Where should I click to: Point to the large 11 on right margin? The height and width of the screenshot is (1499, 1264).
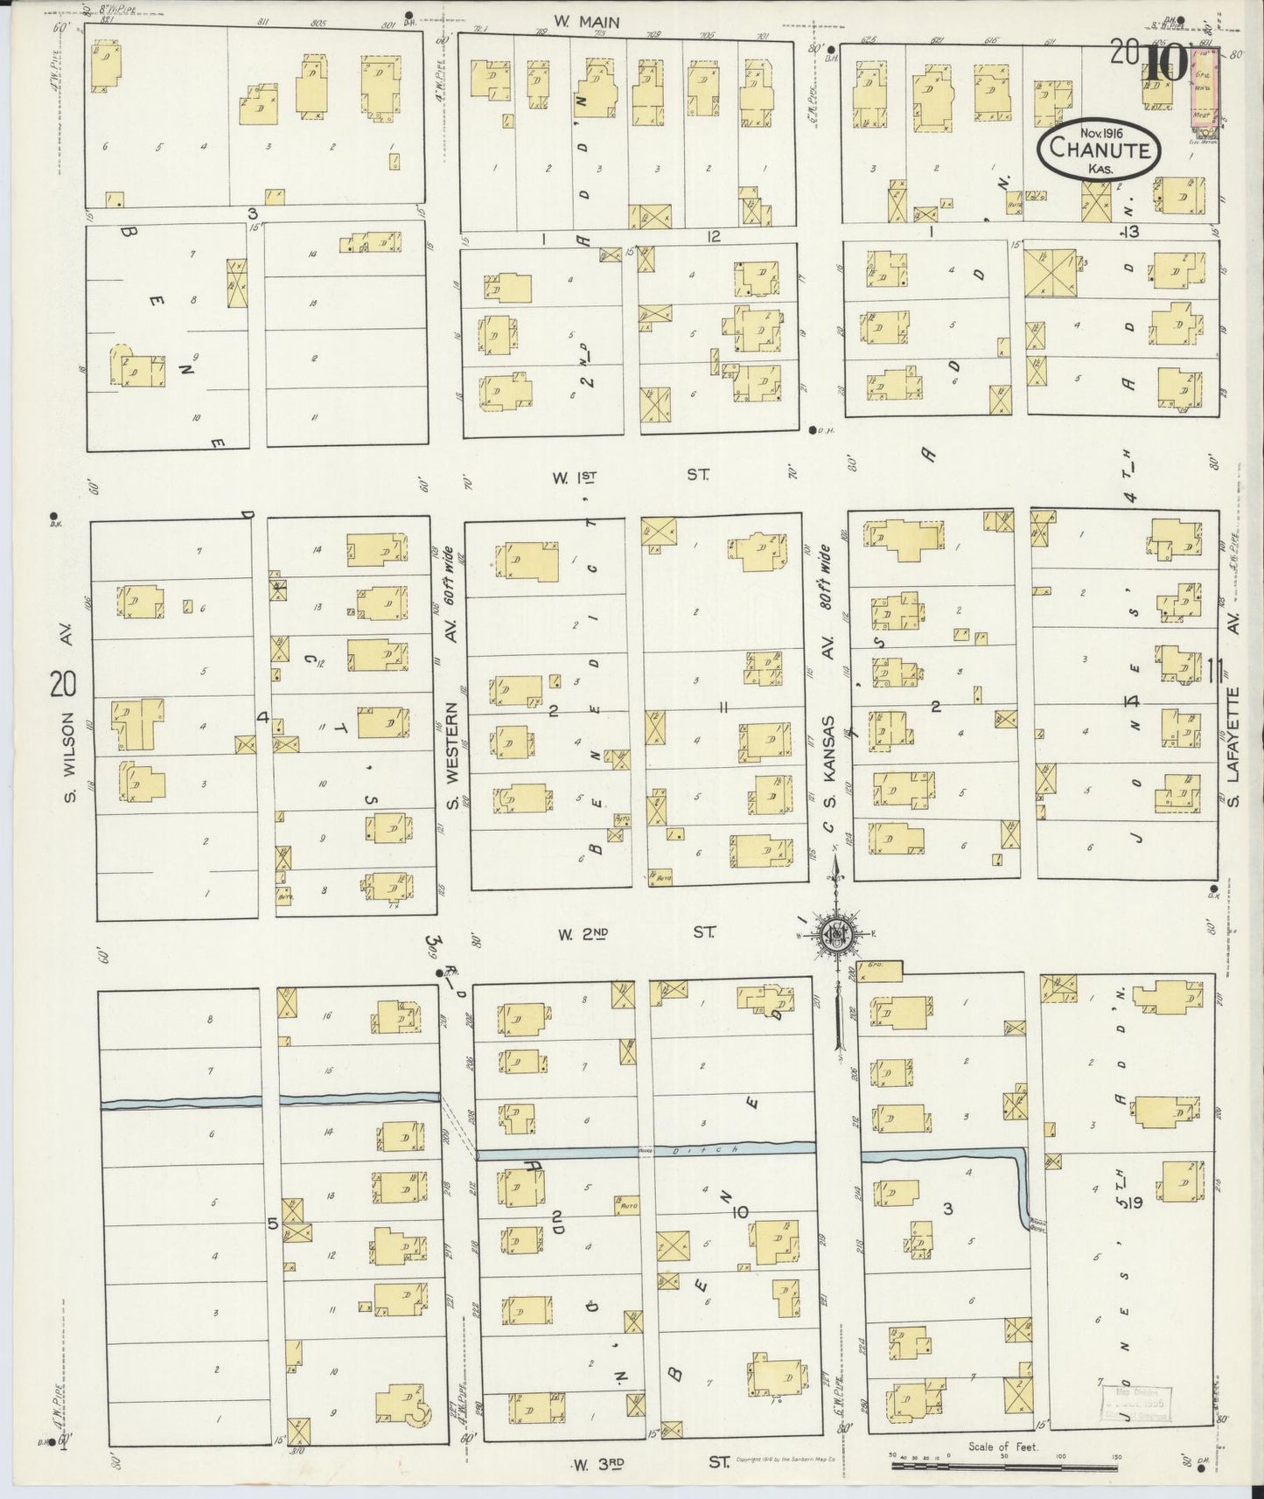tap(1217, 671)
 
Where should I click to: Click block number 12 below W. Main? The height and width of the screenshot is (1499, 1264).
tap(714, 235)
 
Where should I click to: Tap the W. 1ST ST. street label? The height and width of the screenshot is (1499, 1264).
tap(630, 476)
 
